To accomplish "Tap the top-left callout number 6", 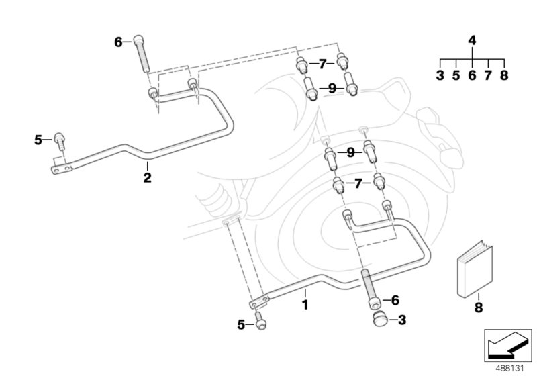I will [119, 42].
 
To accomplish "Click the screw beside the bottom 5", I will [260, 323].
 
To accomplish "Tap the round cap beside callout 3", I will [377, 319].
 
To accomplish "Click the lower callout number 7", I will [358, 183].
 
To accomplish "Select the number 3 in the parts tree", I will [440, 75].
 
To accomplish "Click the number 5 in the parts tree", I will [456, 75].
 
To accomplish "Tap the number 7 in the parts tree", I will [488, 75].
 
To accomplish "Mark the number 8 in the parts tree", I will [504, 75].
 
